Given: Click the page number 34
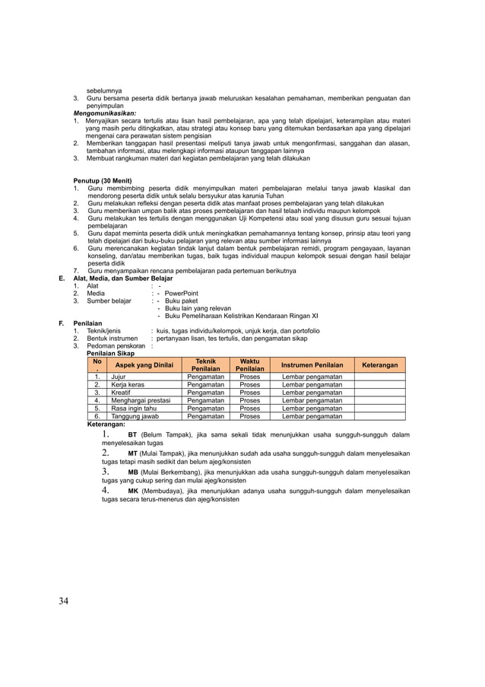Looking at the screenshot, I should (63, 601).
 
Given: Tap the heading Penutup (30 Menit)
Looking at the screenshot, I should (103, 180).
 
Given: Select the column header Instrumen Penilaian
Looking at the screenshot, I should (312, 365).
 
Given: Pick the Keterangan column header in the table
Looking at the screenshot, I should (380, 365).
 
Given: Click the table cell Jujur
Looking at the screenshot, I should (119, 376).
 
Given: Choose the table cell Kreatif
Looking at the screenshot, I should (122, 393).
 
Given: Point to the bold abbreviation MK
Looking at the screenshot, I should (133, 491).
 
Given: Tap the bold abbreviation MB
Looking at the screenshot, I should (133, 472).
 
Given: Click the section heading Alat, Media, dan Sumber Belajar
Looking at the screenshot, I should (122, 278).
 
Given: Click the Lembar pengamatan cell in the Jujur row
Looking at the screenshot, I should (312, 376).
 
